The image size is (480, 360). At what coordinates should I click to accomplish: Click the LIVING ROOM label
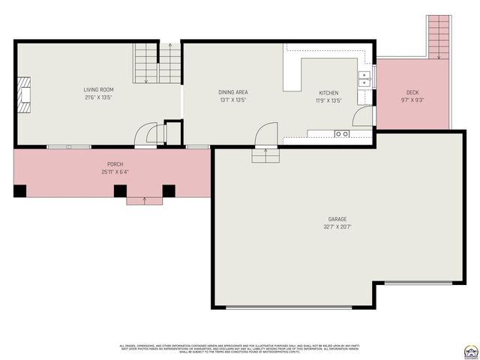97,89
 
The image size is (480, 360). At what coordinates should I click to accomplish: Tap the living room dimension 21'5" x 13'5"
97,97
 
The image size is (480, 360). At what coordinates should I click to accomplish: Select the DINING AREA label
233,92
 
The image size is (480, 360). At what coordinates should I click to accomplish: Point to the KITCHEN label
328,92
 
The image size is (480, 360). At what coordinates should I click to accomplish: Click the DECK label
412,92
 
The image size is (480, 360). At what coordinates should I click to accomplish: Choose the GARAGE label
338,219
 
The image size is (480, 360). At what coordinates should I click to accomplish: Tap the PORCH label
115,164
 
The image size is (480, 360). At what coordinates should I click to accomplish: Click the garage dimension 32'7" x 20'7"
338,226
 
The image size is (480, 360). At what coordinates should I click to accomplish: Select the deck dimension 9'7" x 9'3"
412,100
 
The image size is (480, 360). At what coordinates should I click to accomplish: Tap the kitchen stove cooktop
342,133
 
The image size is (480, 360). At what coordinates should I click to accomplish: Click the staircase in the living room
157,64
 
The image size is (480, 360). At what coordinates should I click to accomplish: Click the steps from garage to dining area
264,154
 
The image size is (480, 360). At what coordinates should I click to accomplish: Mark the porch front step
143,200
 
